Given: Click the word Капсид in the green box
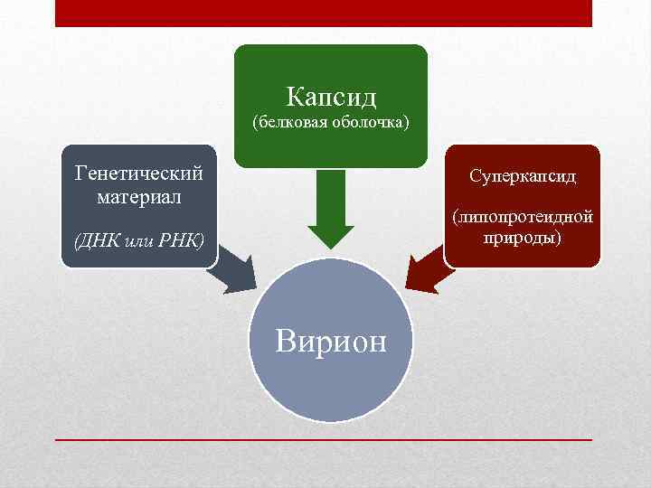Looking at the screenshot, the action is (331, 95).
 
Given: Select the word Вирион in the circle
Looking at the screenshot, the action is (331, 342).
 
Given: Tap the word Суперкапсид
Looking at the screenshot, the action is (522, 175).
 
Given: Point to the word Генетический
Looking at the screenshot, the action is (138, 172).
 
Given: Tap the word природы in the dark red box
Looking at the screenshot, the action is (522, 238).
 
